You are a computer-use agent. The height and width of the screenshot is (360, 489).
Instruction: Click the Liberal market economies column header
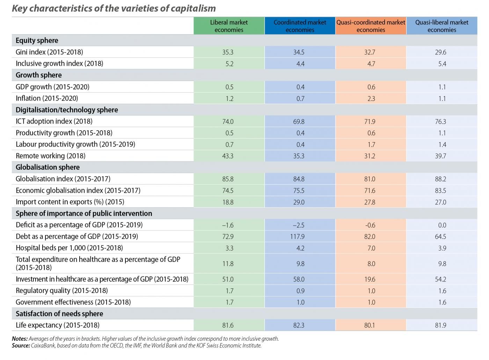(229, 26)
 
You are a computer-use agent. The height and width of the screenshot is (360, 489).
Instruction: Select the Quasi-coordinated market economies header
(371, 26)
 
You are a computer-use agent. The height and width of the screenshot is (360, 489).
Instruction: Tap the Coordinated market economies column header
(300, 26)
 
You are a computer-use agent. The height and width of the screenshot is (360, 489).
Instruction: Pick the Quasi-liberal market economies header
(441, 26)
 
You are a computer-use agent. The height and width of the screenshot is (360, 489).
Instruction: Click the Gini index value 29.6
(442, 52)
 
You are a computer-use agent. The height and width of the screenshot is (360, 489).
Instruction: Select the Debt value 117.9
(298, 237)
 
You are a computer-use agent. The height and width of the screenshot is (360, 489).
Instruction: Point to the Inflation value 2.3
(371, 99)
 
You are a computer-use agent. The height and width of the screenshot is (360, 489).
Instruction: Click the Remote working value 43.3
(228, 156)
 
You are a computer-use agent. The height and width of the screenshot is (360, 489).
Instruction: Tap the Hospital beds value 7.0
(371, 248)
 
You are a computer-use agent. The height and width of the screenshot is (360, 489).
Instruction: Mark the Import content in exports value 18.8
(228, 202)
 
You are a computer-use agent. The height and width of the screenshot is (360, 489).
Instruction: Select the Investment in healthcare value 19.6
(371, 279)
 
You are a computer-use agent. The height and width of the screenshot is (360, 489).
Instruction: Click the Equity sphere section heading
(37, 41)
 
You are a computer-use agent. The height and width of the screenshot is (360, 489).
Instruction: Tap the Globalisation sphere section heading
(48, 167)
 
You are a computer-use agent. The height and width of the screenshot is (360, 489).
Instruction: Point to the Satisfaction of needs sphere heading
(59, 314)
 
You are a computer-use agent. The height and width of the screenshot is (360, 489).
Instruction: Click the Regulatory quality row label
(61, 291)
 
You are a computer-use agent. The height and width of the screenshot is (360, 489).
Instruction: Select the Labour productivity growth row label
(75, 144)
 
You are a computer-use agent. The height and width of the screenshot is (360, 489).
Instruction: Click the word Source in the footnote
(21, 346)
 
